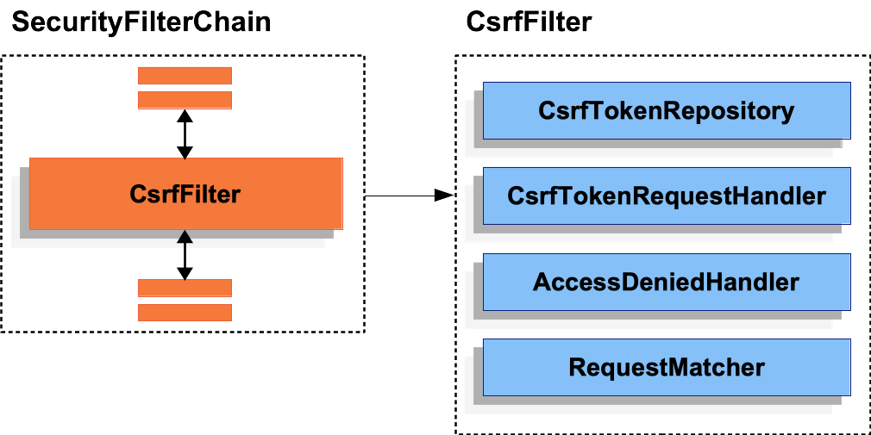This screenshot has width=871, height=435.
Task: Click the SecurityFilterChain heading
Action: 141,22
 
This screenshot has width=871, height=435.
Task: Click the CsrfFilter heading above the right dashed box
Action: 529,22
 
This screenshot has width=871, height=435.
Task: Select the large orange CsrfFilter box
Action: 185,194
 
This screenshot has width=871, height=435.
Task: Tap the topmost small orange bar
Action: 185,76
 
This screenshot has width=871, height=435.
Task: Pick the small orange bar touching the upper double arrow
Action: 185,100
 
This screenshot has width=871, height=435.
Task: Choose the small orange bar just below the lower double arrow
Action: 185,288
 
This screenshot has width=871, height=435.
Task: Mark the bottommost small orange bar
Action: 185,312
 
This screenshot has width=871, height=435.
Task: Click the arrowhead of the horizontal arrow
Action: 444,196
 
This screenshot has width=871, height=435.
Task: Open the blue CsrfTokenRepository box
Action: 667,110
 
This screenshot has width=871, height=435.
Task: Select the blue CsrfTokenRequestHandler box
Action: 667,196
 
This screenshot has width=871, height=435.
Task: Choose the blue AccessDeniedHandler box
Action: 667,282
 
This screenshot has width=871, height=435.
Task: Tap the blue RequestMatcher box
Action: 667,368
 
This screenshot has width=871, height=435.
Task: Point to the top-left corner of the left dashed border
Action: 2,57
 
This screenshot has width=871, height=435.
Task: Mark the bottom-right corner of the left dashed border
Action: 364,332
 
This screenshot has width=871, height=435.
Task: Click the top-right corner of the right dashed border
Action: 868,57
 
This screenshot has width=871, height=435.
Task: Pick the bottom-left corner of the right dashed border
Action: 455,433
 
